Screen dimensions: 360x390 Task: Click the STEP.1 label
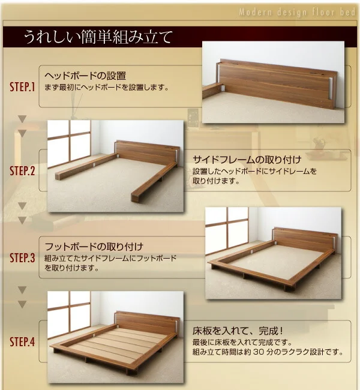click(x=22, y=87)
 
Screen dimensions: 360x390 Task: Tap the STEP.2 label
click(x=22, y=170)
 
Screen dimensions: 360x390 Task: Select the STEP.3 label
click(x=22, y=257)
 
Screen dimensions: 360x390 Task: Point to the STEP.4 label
click(x=22, y=342)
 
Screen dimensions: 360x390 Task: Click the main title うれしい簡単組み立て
click(x=98, y=37)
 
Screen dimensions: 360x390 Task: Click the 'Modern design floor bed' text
click(x=297, y=12)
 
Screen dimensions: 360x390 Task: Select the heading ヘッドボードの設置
click(x=85, y=76)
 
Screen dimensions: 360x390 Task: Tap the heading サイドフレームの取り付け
click(x=247, y=160)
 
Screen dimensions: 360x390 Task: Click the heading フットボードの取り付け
click(x=94, y=247)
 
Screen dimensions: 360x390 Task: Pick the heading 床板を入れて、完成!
click(x=238, y=331)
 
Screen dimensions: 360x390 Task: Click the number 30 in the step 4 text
click(x=258, y=352)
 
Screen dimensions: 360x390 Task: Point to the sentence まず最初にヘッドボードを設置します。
click(x=107, y=88)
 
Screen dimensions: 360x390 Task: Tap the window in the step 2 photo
click(x=69, y=144)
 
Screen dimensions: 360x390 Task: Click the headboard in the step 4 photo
click(x=147, y=323)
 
